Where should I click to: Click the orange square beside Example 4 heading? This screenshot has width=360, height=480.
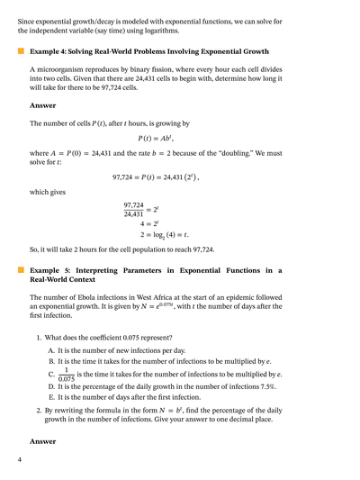pyautogui.click(x=21, y=53)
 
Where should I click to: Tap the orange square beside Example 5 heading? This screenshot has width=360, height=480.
pyautogui.click(x=21, y=269)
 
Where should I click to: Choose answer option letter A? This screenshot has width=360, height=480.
pyautogui.click(x=50, y=349)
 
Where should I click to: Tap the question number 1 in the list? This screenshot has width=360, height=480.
pyautogui.click(x=39, y=337)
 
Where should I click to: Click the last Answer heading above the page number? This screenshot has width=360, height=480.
pyautogui.click(x=43, y=441)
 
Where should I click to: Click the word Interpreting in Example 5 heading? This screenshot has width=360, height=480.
pyautogui.click(x=94, y=269)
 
